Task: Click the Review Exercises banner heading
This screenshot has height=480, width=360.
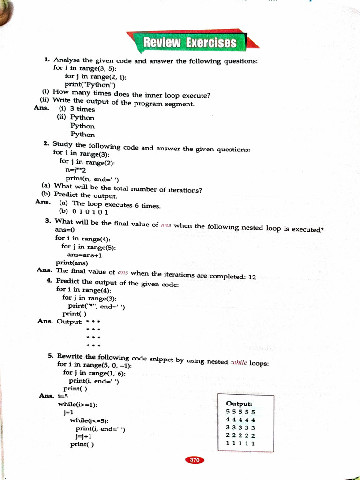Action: coord(190,43)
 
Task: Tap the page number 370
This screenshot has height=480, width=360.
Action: coord(195,460)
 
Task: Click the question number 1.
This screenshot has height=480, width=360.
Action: coord(47,60)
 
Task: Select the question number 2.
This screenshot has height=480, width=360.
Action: coord(46,143)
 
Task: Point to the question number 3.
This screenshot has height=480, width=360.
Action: coord(48,220)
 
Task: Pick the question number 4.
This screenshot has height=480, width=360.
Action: coord(50,280)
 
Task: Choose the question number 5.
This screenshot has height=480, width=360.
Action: coord(51,356)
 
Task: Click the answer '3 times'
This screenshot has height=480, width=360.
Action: coord(82,109)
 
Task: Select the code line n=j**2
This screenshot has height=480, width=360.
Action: coord(76,170)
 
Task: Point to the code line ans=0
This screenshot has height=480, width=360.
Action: coord(65,230)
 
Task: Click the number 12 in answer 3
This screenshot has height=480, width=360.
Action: coord(252,277)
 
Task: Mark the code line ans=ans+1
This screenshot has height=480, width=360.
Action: coord(84,255)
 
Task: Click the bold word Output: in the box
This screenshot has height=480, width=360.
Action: coord(239,404)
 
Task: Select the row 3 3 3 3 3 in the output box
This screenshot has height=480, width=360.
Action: coord(240,427)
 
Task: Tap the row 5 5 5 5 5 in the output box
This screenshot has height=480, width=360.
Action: coord(240,412)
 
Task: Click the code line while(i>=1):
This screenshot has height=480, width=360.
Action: coord(77,404)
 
